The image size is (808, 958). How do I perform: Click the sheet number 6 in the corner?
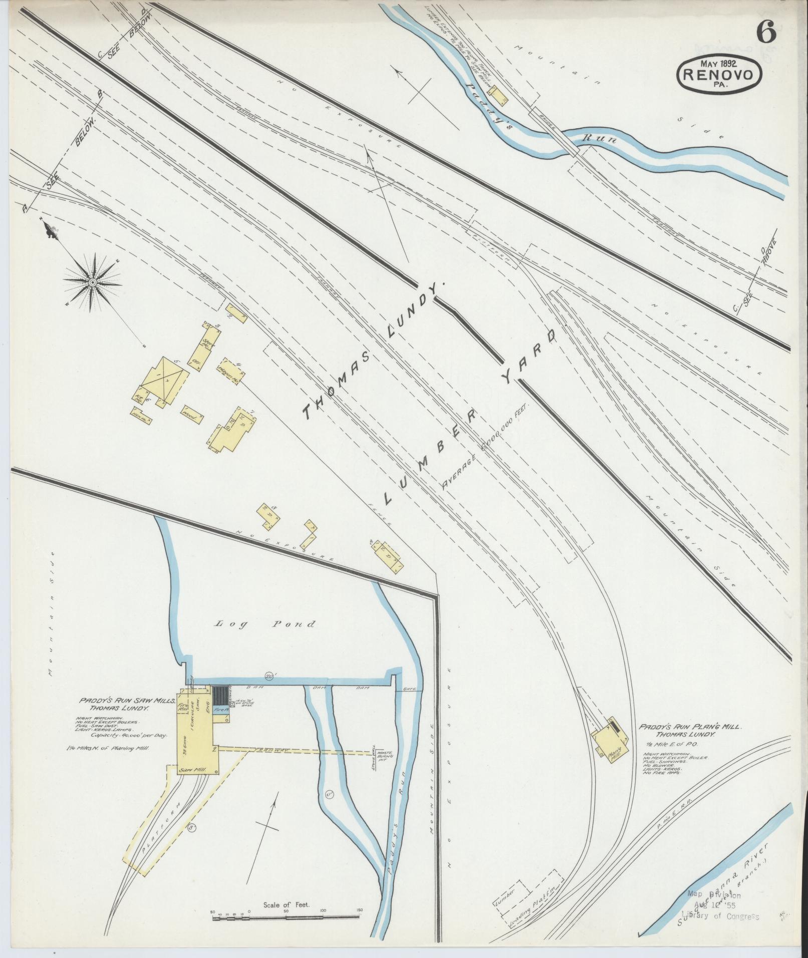766,33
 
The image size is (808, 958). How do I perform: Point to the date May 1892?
720,64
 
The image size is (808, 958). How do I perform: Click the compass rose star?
93,283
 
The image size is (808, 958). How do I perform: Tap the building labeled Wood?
192,415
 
